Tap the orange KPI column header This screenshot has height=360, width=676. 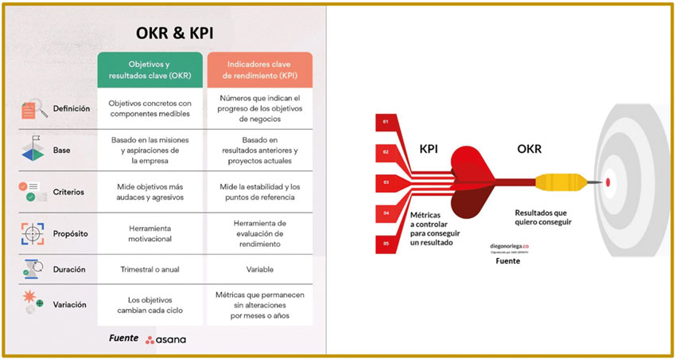click(x=259, y=70)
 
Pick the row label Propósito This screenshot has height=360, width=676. click(x=71, y=234)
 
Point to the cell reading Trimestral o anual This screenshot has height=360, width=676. click(x=150, y=269)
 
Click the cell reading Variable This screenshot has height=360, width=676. click(x=259, y=269)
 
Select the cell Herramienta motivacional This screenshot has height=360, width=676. click(x=150, y=233)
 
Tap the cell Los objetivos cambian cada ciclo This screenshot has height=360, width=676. click(x=150, y=305)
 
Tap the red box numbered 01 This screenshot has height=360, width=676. click(x=387, y=122)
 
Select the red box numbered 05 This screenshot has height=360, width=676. click(x=387, y=243)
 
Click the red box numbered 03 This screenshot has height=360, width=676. click(x=387, y=182)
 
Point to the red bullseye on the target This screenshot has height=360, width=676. click(x=608, y=182)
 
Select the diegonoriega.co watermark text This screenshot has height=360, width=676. click(x=509, y=247)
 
